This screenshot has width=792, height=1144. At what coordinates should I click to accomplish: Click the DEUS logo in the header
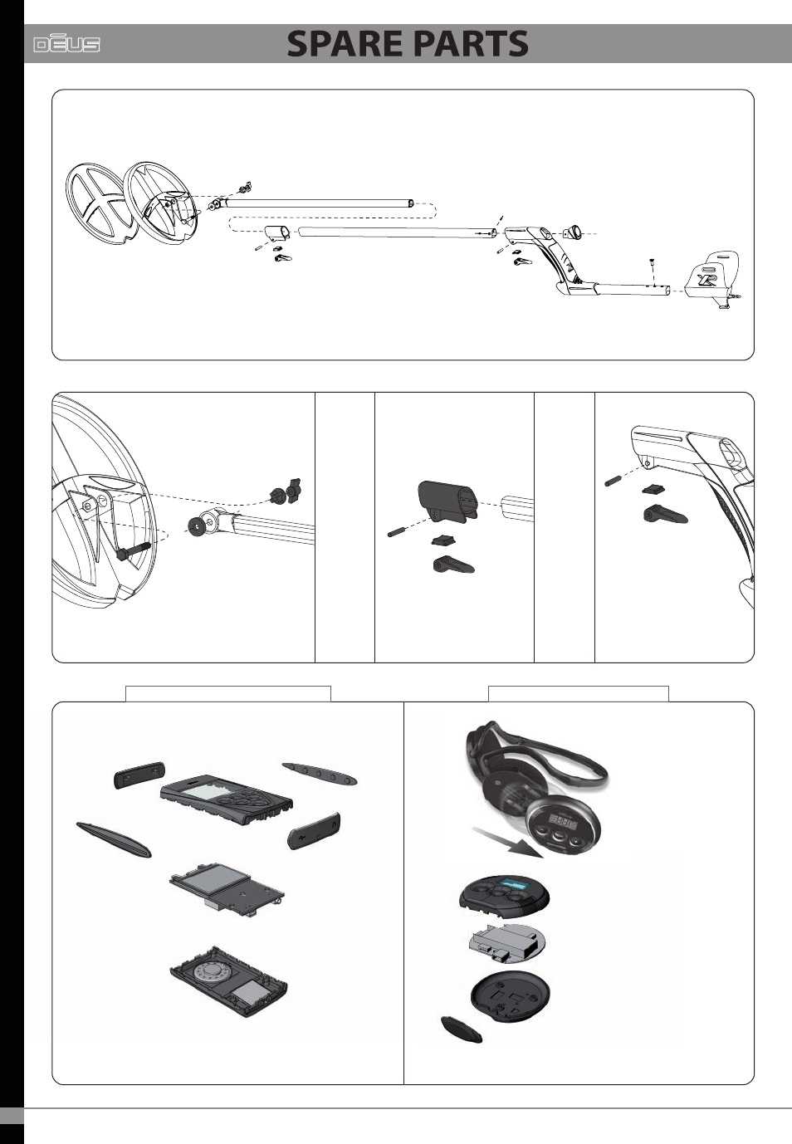pyautogui.click(x=66, y=44)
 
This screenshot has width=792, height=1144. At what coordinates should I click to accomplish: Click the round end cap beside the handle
pyautogui.click(x=572, y=232)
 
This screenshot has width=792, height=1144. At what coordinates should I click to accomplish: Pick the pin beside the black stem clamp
pyautogui.click(x=399, y=531)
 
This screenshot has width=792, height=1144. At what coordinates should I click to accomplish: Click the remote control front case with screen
pyautogui.click(x=226, y=802)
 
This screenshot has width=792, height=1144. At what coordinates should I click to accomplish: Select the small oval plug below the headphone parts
pyautogui.click(x=461, y=1029)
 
